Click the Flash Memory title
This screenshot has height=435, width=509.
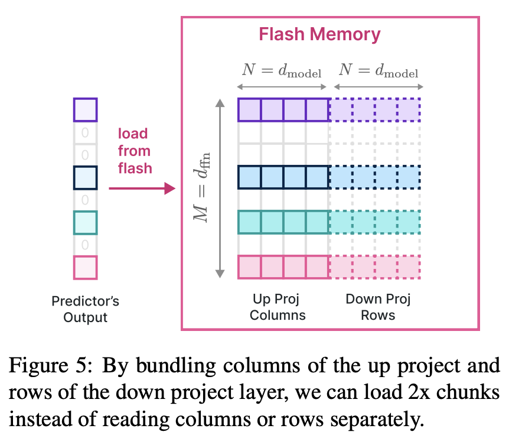point(319,34)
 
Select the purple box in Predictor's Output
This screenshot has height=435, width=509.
point(86,110)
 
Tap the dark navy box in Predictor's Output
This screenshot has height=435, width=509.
point(86,178)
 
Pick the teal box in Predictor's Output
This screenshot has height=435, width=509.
point(86,223)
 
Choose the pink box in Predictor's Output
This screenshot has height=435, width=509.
point(86,268)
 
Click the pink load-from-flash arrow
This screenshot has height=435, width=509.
point(142,188)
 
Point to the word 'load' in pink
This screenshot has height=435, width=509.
point(133,134)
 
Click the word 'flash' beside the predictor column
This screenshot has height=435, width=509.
point(135,168)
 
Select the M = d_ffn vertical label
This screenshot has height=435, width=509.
point(201,187)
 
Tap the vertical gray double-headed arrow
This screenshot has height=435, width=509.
point(220,189)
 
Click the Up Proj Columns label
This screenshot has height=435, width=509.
point(278,307)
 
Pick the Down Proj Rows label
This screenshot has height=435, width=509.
point(378,307)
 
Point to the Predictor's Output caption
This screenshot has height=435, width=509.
point(86,309)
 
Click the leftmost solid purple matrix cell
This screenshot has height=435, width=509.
point(249,110)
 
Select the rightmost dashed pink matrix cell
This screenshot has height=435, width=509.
point(409,267)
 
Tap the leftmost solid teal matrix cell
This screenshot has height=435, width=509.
point(249,222)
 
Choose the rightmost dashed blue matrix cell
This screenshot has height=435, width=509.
point(409,177)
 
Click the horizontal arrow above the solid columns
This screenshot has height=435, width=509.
point(282,87)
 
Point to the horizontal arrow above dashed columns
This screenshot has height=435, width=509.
point(379,87)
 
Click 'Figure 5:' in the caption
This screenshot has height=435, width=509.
point(51,366)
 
